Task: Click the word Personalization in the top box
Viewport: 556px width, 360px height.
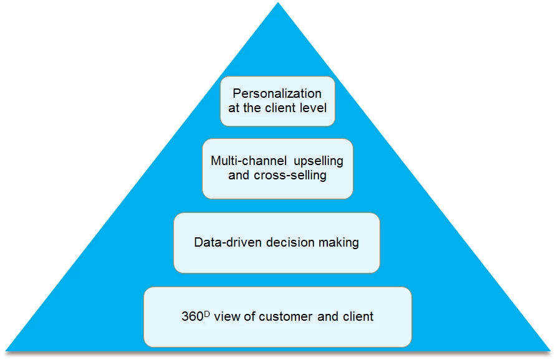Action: coord(277,93)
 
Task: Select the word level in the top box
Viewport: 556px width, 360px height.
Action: coord(313,108)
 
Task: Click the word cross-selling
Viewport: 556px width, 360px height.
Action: coord(290,175)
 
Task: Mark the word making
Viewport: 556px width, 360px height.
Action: coord(340,242)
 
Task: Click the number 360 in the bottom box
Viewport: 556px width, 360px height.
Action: coord(192,316)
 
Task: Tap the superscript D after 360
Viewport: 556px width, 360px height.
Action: coord(207,312)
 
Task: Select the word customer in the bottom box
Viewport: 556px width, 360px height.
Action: coord(288,316)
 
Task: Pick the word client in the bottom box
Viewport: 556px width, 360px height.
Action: coord(358,316)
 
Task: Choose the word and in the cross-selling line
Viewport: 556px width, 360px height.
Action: coord(239,175)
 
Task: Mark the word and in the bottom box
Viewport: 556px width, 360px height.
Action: coord(328,316)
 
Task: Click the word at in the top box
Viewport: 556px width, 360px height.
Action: coord(234,108)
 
